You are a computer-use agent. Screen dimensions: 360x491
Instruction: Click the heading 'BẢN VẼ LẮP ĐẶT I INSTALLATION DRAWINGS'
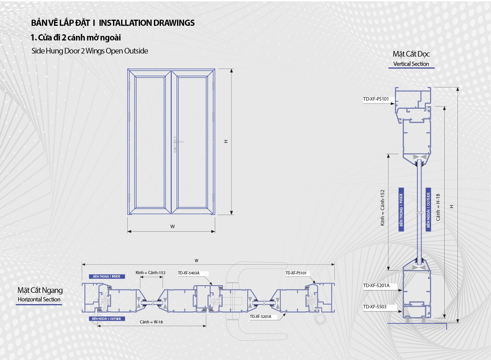(113, 23)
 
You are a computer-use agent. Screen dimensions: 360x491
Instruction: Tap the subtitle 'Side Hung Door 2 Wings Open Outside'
(90, 51)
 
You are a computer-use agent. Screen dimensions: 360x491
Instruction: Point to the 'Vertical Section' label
(411, 64)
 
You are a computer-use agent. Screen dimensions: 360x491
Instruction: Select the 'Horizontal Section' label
(39, 299)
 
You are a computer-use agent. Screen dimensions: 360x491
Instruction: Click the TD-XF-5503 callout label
(375, 307)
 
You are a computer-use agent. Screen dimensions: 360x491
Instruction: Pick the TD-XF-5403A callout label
(189, 273)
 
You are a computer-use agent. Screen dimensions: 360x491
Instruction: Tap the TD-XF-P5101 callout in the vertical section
(376, 99)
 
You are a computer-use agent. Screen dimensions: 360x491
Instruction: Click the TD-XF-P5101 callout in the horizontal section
(296, 273)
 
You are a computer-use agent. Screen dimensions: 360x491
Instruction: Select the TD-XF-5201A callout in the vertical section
(376, 286)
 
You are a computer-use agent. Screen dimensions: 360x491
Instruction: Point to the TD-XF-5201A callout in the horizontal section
(261, 316)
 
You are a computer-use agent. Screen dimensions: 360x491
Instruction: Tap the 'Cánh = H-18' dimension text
(438, 210)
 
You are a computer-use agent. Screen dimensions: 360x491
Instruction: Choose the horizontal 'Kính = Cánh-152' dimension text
(150, 273)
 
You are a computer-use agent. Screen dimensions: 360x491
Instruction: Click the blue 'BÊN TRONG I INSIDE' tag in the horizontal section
(106, 276)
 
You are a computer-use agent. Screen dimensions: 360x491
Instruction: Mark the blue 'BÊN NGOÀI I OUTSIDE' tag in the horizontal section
(107, 319)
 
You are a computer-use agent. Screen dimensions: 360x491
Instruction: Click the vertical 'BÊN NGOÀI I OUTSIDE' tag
(428, 209)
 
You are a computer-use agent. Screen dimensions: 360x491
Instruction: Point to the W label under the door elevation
(172, 227)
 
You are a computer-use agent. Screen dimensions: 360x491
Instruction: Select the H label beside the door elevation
(226, 141)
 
